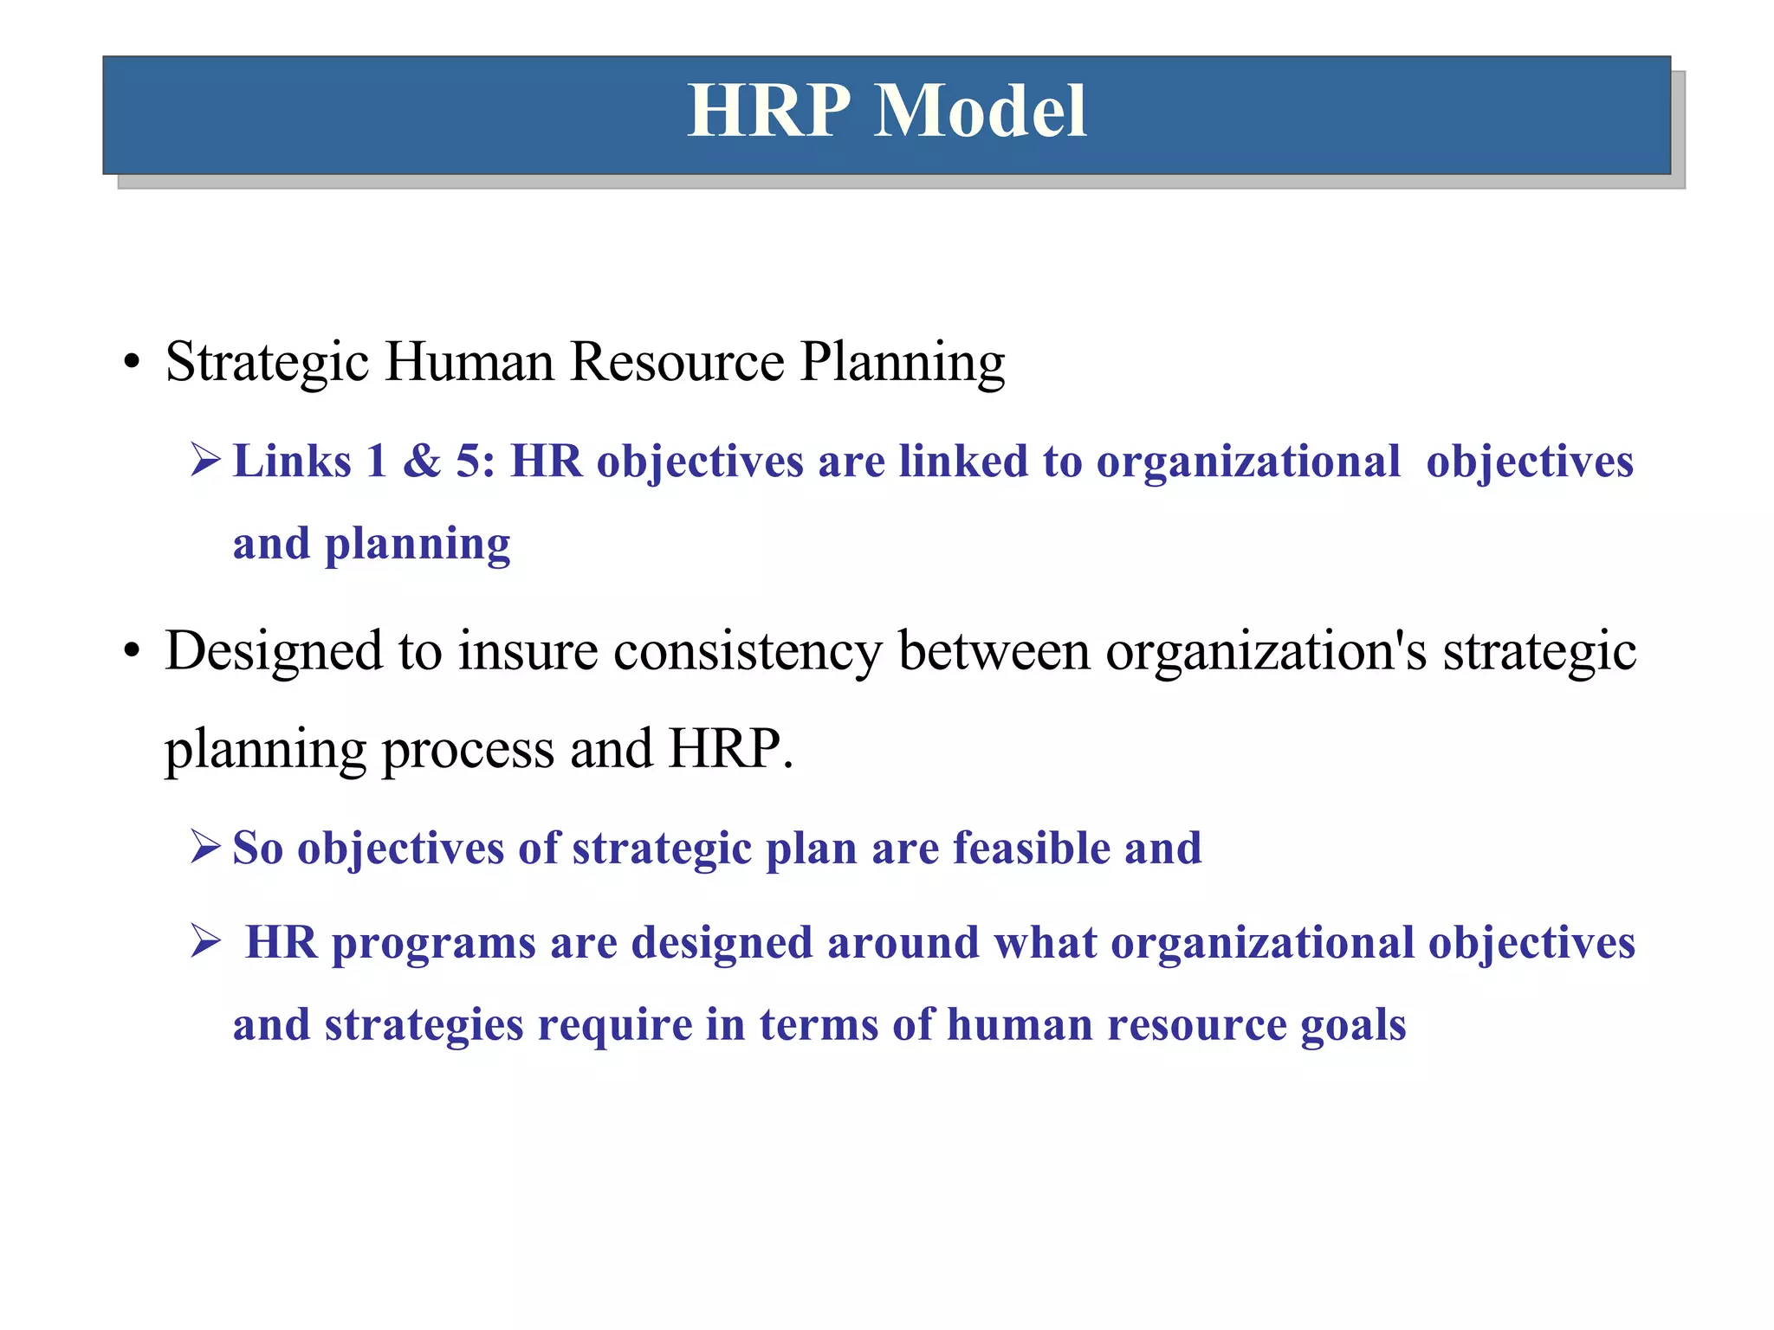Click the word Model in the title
(x=980, y=112)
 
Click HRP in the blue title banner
(x=769, y=112)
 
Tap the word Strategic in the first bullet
(x=267, y=362)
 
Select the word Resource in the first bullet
(x=677, y=362)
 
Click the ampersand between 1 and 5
(x=422, y=461)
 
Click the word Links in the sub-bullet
(x=292, y=461)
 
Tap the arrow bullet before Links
(x=206, y=459)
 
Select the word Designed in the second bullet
(x=273, y=651)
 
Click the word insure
(x=528, y=651)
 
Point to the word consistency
(x=747, y=651)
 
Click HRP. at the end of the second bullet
(x=731, y=749)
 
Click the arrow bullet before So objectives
(x=206, y=846)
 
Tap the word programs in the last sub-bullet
(x=433, y=944)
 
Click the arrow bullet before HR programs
(x=206, y=940)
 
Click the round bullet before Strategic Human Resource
(x=131, y=364)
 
